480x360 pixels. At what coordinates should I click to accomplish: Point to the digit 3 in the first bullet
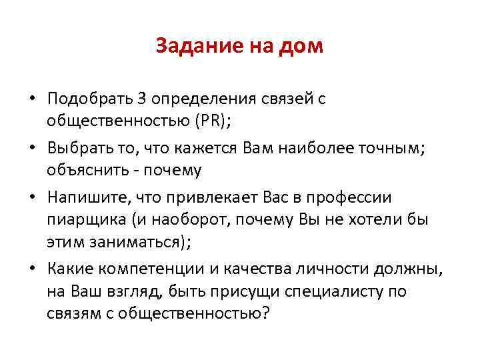pos(141,99)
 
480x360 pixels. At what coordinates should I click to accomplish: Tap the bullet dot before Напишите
pos(33,198)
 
